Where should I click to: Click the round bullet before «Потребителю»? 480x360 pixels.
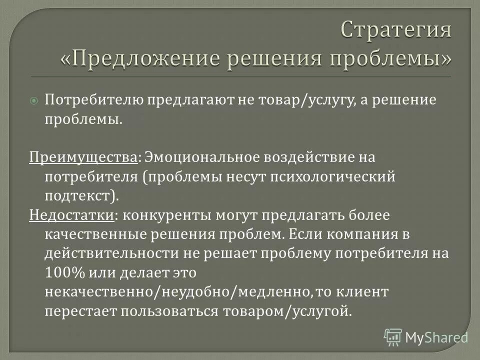(x=34, y=100)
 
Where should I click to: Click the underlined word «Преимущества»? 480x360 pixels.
(x=82, y=157)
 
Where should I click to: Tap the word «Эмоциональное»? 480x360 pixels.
(x=199, y=157)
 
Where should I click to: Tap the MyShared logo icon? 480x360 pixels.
(x=392, y=336)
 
